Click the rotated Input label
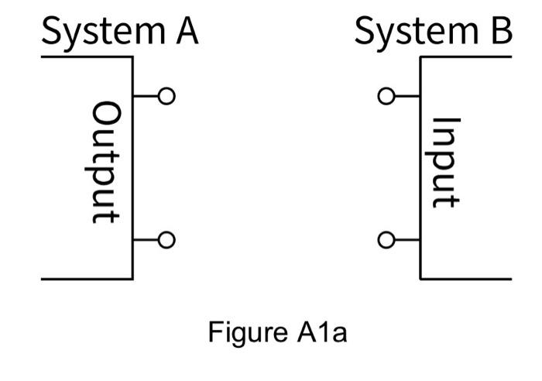446,163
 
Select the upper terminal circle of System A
166,96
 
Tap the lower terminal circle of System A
166,240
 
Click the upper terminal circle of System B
386,97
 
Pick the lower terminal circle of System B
386,240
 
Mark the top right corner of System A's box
132,57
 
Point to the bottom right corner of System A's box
132,278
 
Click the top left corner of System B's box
420,57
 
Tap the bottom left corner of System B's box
420,278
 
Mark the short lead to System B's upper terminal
407,97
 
